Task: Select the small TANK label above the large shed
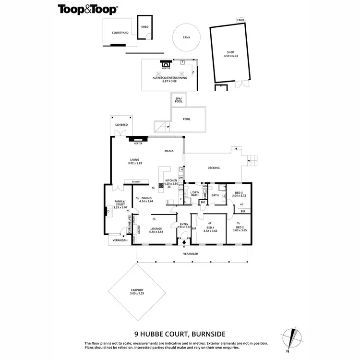pyautogui.click(x=240, y=20)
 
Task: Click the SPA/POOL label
pyautogui.click(x=179, y=100)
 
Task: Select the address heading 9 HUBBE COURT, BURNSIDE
pyautogui.click(x=180, y=333)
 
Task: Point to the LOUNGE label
pyautogui.click(x=156, y=228)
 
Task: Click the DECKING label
pyautogui.click(x=214, y=168)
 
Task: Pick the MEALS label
pyautogui.click(x=169, y=151)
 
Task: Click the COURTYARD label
pyautogui.click(x=120, y=33)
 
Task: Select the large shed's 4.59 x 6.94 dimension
pyautogui.click(x=231, y=56)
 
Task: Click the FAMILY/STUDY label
pyautogui.click(x=120, y=204)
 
